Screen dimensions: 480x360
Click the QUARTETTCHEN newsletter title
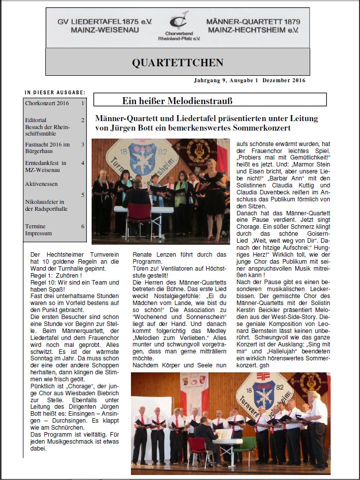(x=178, y=62)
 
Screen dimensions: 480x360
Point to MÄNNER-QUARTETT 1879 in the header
(x=253, y=22)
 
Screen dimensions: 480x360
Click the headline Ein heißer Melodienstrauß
(x=177, y=101)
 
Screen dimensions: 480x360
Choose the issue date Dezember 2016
(x=285, y=80)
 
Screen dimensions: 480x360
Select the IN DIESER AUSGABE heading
(x=55, y=92)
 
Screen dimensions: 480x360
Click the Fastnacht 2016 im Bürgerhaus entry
(x=47, y=148)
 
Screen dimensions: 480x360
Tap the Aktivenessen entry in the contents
(x=41, y=183)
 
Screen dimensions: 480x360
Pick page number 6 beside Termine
(x=83, y=226)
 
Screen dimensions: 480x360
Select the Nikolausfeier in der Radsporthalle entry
(x=46, y=205)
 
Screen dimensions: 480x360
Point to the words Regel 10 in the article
(x=40, y=282)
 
